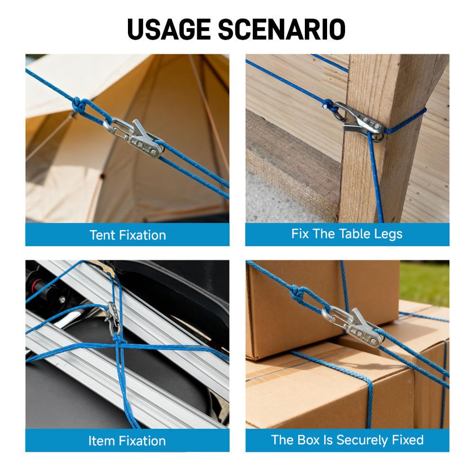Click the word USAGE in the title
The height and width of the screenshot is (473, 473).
[x=169, y=29]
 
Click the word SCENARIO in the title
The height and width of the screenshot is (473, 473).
[x=282, y=29]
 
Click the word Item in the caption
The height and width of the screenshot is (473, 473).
[x=100, y=441]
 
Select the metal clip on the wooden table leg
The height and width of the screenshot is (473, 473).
[x=359, y=121]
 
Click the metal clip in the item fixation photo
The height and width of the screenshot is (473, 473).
[x=114, y=318]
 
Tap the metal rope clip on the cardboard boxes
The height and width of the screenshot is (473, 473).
[x=353, y=326]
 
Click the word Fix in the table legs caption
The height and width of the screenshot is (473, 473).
[x=300, y=234]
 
